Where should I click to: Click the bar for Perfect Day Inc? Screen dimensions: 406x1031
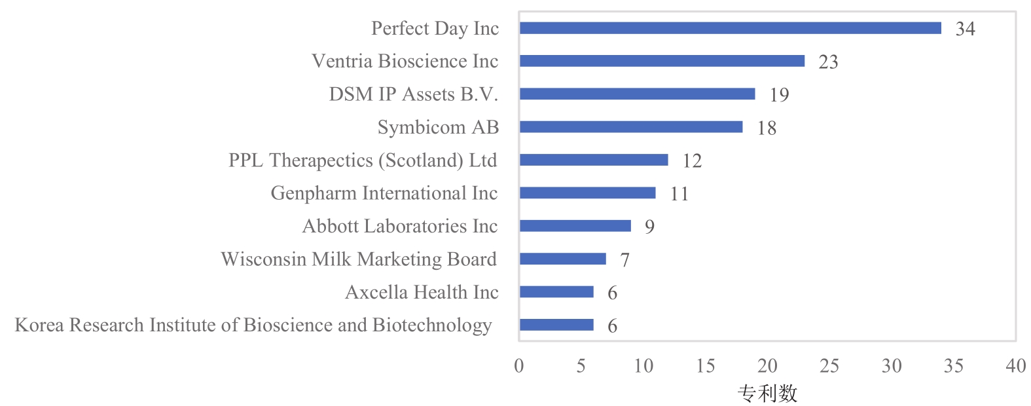pos(730,28)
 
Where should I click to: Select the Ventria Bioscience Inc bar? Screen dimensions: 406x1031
pos(662,61)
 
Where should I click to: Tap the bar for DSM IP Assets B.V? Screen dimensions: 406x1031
pos(637,94)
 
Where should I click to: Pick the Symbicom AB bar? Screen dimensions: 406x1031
pos(631,127)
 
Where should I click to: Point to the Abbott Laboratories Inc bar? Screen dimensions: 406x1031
pos(575,226)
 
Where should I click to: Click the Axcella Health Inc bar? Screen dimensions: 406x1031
pos(556,292)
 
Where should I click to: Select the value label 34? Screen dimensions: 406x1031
pos(965,29)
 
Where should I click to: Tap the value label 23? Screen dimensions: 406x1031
pos(828,62)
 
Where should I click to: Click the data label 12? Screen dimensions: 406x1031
pos(692,161)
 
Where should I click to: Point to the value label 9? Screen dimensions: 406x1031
pos(649,227)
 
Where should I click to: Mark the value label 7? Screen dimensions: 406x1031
pos(624,260)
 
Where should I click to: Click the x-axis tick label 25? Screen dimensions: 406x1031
pos(829,366)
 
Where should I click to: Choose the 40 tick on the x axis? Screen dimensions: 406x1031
pos(1015,366)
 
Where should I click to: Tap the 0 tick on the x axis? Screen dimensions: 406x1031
pos(519,366)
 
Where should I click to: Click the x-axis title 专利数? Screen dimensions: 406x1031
pos(767,393)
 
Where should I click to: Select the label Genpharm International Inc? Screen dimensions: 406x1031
pos(384,193)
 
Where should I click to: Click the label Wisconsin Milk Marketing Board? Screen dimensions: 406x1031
pos(359,259)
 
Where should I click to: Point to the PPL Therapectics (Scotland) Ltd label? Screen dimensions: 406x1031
pos(363,160)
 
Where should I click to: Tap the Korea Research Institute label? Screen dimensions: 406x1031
pos(253,325)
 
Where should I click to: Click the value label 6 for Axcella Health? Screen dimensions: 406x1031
pos(612,293)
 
